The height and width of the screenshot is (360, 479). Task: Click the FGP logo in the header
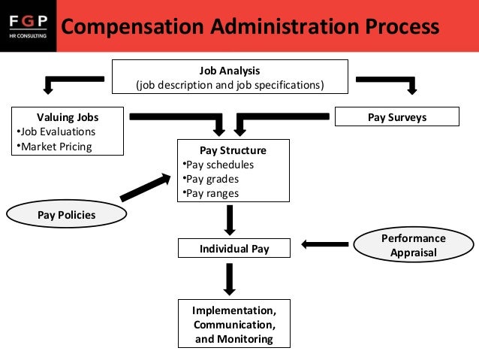click(28, 26)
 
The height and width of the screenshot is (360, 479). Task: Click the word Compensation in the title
click(133, 27)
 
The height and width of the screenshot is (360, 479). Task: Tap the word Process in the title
click(402, 26)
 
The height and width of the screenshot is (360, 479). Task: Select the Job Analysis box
click(230, 77)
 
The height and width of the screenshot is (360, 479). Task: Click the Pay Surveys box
click(397, 116)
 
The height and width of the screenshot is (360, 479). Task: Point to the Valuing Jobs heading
click(68, 117)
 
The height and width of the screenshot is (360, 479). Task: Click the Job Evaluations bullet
click(56, 132)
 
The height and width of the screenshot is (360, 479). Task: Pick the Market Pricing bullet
click(54, 147)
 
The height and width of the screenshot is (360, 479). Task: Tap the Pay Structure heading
click(233, 150)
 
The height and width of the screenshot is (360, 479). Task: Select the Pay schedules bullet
click(218, 165)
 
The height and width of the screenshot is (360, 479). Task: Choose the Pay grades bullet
click(211, 179)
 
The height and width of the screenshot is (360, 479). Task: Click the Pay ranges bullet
click(211, 193)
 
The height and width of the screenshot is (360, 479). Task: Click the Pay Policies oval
click(67, 213)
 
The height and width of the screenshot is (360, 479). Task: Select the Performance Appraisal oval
click(414, 245)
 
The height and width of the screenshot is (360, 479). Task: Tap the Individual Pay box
click(234, 248)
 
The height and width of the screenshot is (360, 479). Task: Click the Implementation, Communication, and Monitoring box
click(234, 324)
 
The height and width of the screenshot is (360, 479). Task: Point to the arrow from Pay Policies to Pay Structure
click(146, 187)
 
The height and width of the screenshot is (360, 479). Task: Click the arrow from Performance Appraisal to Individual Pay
click(325, 244)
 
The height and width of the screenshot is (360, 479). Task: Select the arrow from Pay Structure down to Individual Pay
click(230, 220)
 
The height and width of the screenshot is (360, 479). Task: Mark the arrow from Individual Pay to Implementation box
click(230, 280)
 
